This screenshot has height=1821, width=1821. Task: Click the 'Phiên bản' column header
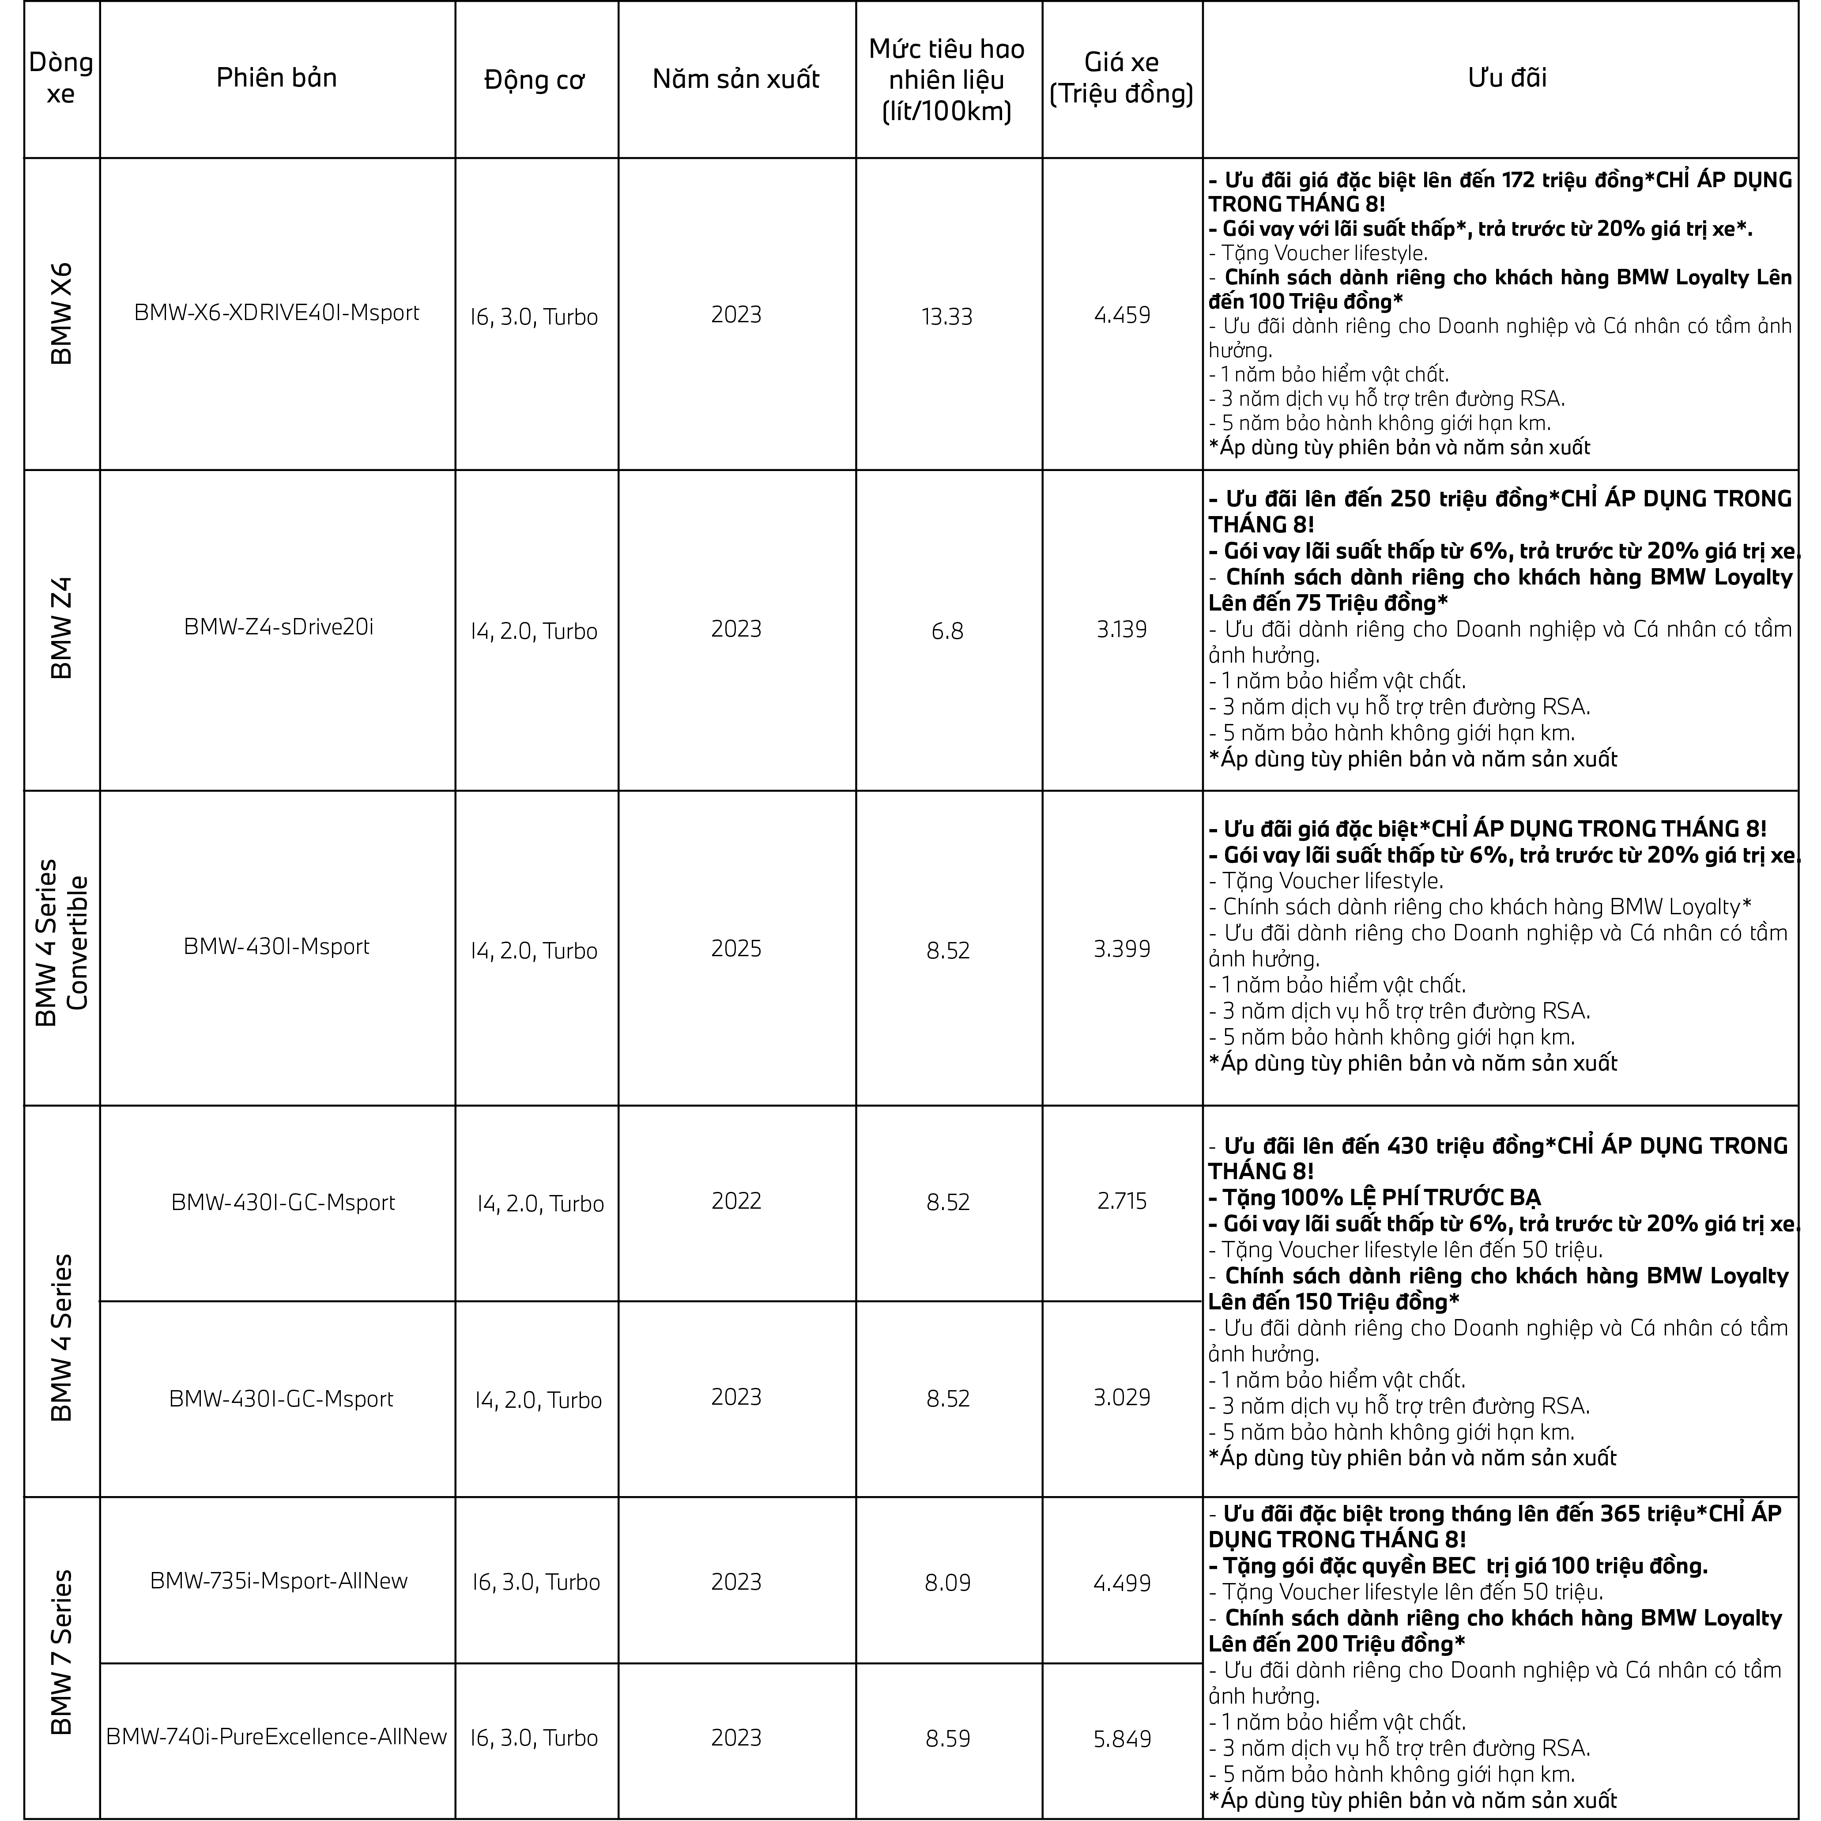[276, 78]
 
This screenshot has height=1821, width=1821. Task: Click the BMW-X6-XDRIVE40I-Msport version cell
[276, 313]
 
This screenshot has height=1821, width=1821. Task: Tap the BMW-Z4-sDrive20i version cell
[278, 627]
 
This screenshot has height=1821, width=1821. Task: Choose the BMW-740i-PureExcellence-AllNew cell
[276, 1736]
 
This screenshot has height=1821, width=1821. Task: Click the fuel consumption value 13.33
[947, 317]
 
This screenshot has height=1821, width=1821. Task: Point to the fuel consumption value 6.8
[947, 630]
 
